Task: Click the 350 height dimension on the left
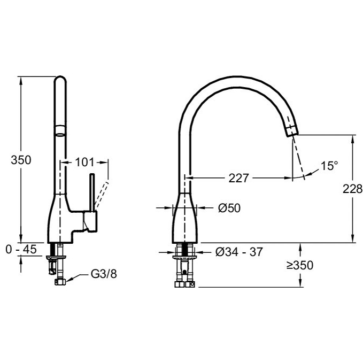pos(21,160)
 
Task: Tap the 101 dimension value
pos(84,163)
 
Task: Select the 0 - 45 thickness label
pos(21,249)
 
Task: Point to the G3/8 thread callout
pos(104,274)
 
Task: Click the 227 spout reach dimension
pos(238,178)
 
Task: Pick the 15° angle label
pos(329,166)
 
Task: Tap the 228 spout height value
pos(352,189)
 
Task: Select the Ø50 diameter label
pos(229,208)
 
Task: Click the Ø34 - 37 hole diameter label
pos(239,252)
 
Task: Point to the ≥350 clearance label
pos(300,265)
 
